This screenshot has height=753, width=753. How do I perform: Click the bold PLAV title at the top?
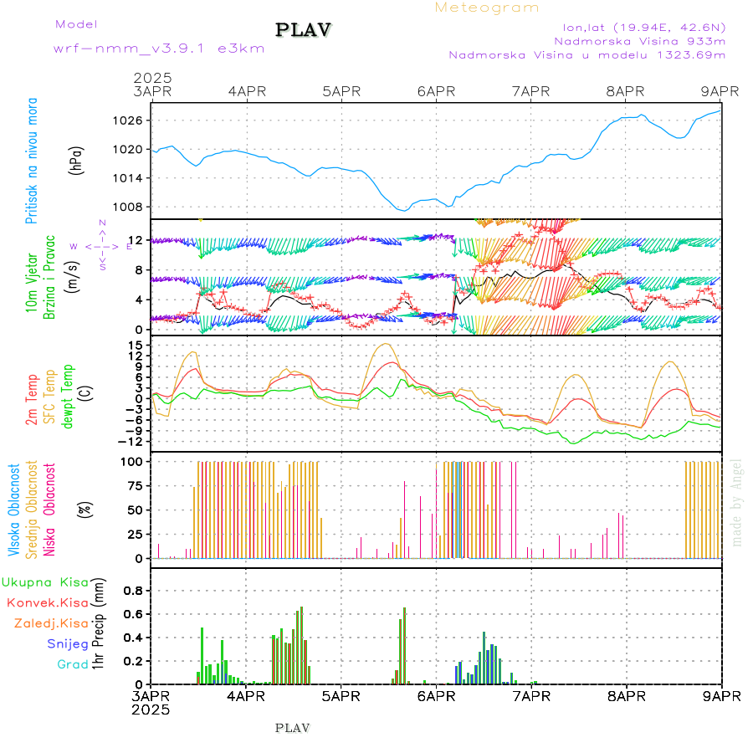[x=305, y=30]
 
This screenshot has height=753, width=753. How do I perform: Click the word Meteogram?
[x=487, y=8]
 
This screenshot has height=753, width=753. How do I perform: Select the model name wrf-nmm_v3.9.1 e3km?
[x=159, y=49]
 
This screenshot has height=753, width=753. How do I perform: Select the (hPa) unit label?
[x=77, y=160]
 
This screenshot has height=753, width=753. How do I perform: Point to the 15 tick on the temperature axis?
[x=135, y=345]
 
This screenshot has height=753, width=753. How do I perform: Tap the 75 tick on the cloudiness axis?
[x=135, y=485]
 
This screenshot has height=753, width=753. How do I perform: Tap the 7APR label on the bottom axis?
[x=530, y=695]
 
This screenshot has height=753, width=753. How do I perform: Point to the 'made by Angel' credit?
[x=737, y=502]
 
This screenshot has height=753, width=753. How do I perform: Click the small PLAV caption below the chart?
[x=292, y=728]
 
